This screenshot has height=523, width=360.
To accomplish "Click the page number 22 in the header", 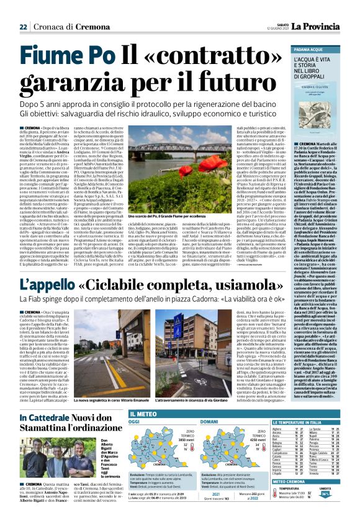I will pyautogui.click(x=23, y=27).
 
